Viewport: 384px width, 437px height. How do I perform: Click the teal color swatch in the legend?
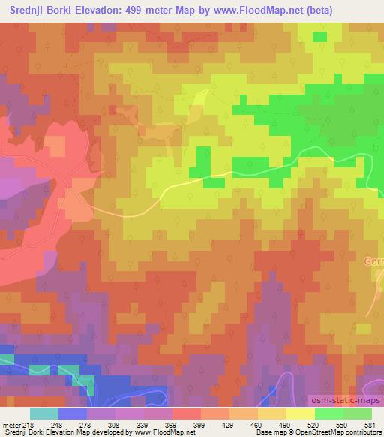[44, 414]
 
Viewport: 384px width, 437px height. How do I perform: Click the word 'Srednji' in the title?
[23, 10]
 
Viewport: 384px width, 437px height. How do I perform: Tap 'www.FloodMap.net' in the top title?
[241, 10]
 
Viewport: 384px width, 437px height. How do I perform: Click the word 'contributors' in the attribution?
[364, 432]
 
